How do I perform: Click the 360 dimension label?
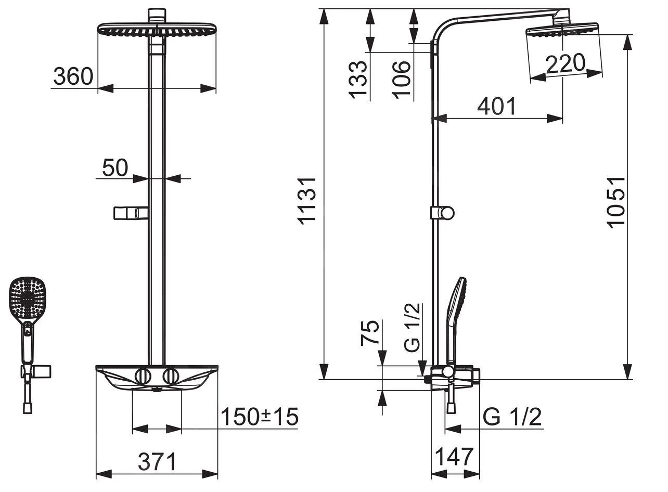(x=73, y=76)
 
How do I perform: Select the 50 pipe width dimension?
(x=115, y=167)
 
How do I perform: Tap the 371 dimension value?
(x=157, y=462)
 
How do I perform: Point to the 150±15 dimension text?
(x=260, y=417)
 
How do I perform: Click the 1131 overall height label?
(x=307, y=201)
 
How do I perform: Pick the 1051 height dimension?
(x=616, y=203)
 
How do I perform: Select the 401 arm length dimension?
(x=496, y=106)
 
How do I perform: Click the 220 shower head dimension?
(x=566, y=63)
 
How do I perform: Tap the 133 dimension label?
(x=357, y=80)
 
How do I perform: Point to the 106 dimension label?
(x=402, y=80)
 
